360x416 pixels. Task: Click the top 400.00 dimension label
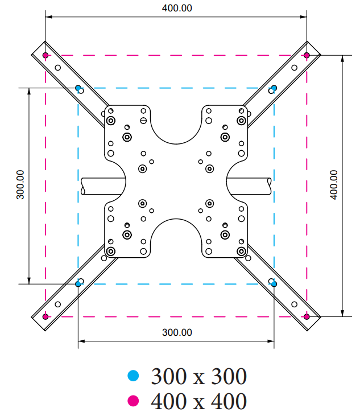177,8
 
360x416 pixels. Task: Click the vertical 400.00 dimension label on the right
334,184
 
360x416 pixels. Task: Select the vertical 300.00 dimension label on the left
20,184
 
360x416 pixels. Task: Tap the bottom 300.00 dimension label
177,332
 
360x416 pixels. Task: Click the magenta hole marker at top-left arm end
45,55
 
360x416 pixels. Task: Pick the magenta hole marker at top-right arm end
307,55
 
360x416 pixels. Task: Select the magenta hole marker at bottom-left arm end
45,316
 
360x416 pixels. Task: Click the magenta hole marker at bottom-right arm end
307,316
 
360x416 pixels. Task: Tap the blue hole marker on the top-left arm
78,88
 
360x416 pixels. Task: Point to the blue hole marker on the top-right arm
274,88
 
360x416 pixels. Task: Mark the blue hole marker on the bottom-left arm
78,284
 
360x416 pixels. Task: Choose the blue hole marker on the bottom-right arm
274,284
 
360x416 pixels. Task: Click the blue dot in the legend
133,376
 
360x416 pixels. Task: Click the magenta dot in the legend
133,401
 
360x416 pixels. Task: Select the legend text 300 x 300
199,376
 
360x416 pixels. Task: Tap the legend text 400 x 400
199,401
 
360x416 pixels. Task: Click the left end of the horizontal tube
82,186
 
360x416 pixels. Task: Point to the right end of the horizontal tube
269,186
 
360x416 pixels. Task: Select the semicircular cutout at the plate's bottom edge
176,237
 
